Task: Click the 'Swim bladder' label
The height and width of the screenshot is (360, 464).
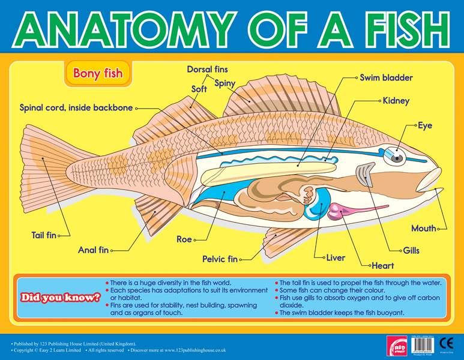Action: [x=386, y=78]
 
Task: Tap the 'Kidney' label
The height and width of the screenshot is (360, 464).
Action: [x=396, y=101]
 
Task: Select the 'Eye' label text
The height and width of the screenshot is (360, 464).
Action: [x=425, y=125]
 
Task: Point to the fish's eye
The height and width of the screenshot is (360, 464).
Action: [x=397, y=156]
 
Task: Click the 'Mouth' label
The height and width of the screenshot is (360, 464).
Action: [x=423, y=229]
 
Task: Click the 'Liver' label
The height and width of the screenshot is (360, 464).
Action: [x=336, y=258]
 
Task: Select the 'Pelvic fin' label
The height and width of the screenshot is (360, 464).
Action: [x=220, y=259]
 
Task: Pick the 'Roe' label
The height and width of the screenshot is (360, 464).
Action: [x=184, y=239]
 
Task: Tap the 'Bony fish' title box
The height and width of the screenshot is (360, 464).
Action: [x=97, y=74]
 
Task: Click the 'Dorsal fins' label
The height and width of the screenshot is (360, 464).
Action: [x=208, y=70]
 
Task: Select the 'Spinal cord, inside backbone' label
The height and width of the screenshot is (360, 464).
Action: [x=76, y=108]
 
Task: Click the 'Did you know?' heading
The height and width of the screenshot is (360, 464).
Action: [x=60, y=297]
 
